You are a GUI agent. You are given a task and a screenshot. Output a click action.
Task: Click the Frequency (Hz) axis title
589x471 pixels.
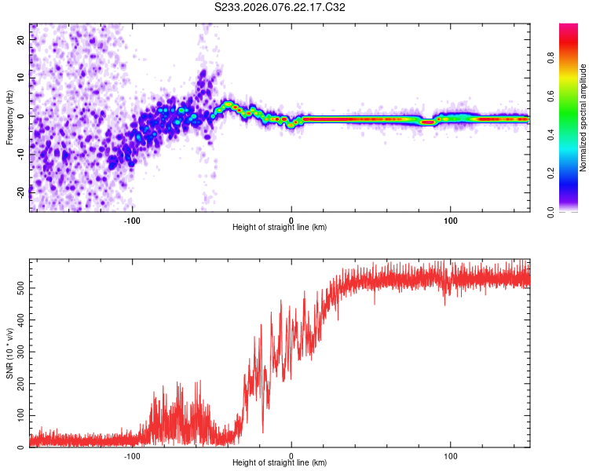point(9,118)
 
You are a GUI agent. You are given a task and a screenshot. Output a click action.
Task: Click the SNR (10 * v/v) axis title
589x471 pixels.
point(9,353)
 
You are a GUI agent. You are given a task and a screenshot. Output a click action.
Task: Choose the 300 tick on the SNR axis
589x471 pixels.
point(19,352)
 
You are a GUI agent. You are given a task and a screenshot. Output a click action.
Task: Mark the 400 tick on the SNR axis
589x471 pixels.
point(19,320)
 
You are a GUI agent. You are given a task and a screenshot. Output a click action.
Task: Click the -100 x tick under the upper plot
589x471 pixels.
point(132,219)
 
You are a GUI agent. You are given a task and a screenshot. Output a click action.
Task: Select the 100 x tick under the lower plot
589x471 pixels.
point(451,455)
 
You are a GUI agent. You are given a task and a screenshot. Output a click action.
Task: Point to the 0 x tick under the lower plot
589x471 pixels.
point(291,455)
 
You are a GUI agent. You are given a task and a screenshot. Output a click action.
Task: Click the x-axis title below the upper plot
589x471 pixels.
point(280,228)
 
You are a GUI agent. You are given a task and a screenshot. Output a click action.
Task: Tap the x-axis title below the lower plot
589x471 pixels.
point(280,463)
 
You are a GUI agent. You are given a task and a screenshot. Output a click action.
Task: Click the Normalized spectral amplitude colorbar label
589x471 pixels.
point(584,118)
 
